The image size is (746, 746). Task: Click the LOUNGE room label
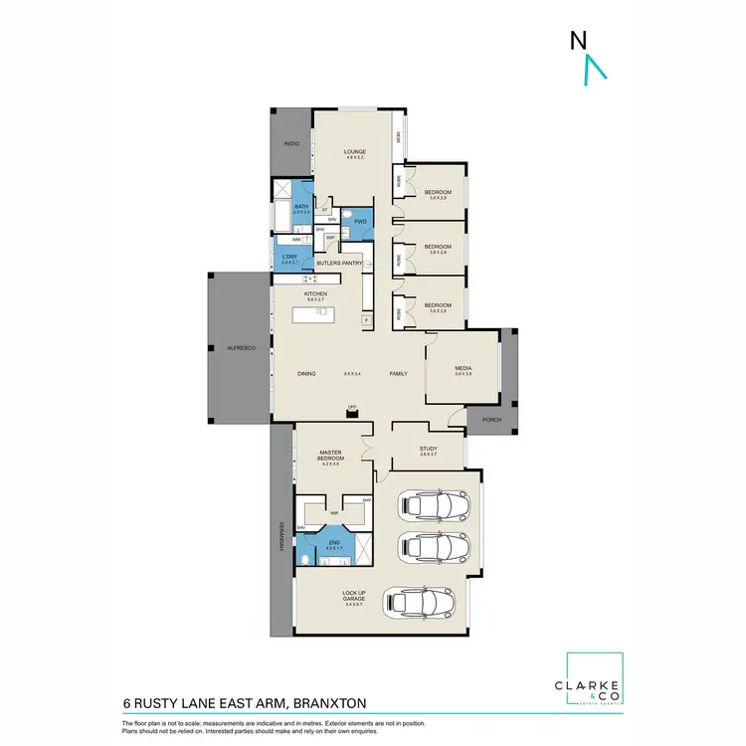pyautogui.click(x=356, y=152)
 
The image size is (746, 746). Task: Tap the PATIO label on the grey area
pyautogui.click(x=291, y=144)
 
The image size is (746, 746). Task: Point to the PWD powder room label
pyautogui.click(x=360, y=221)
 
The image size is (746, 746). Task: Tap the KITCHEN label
pyautogui.click(x=315, y=295)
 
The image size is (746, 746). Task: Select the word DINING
pyautogui.click(x=306, y=373)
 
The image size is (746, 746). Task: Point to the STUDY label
pyautogui.click(x=428, y=450)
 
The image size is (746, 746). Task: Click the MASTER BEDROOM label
pyautogui.click(x=330, y=457)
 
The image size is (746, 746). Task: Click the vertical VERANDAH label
pyautogui.click(x=281, y=537)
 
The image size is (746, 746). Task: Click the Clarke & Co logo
pyautogui.click(x=594, y=680)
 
